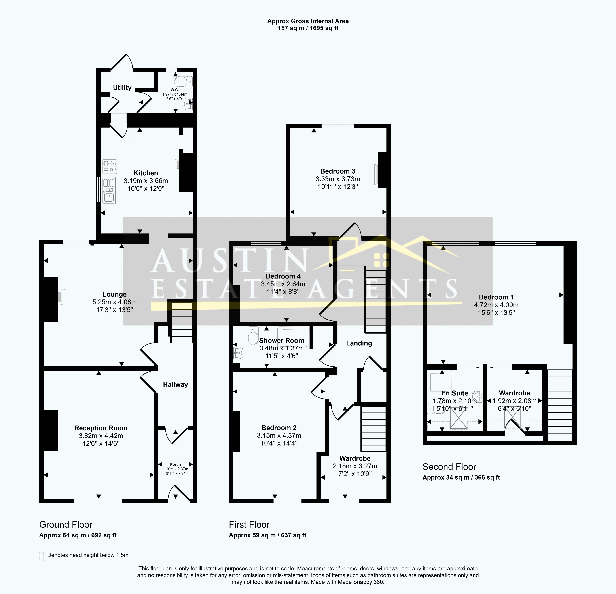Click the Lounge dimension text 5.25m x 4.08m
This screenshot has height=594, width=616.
tap(114, 302)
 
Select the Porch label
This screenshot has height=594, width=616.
tap(175, 464)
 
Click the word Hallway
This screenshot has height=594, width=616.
tap(175, 384)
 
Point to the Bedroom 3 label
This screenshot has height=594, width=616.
tap(338, 171)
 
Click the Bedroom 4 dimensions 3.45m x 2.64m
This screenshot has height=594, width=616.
tap(283, 284)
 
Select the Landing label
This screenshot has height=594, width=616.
tap(359, 343)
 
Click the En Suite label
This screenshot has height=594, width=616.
tap(455, 393)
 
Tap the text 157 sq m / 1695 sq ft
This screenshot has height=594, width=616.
tap(308, 28)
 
